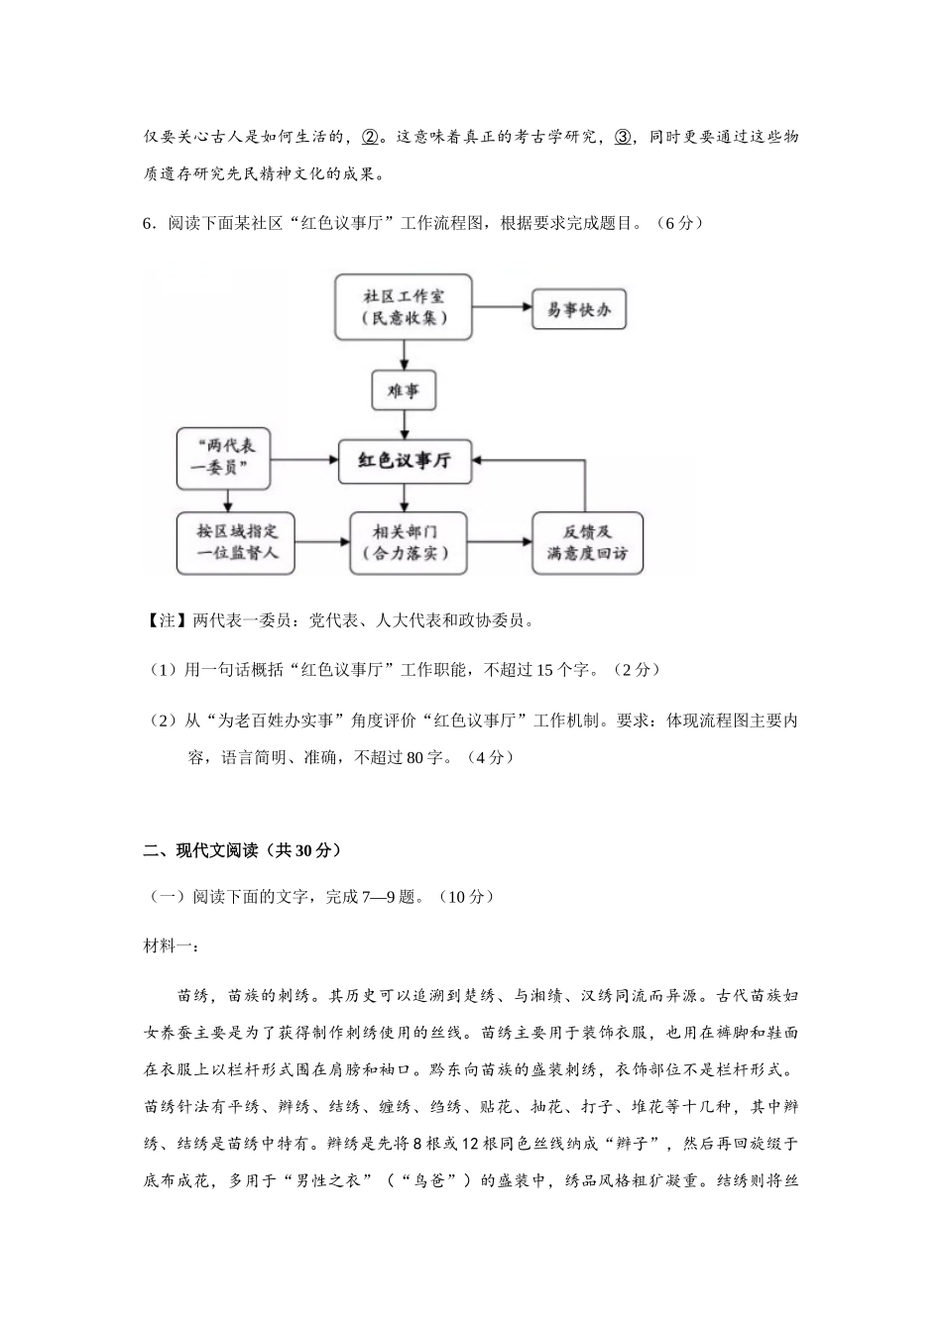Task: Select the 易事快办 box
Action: tap(579, 310)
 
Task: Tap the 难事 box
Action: tap(404, 389)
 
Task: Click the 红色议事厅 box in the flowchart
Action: tap(404, 461)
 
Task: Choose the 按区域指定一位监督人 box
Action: tap(237, 542)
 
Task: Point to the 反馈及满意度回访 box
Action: tap(587, 542)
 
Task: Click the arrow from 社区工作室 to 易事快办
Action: tap(502, 307)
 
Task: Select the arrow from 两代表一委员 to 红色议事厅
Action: tap(305, 460)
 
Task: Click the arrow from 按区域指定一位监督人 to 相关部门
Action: tap(323, 542)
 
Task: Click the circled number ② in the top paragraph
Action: tap(368, 137)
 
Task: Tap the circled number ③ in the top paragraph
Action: tap(623, 137)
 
